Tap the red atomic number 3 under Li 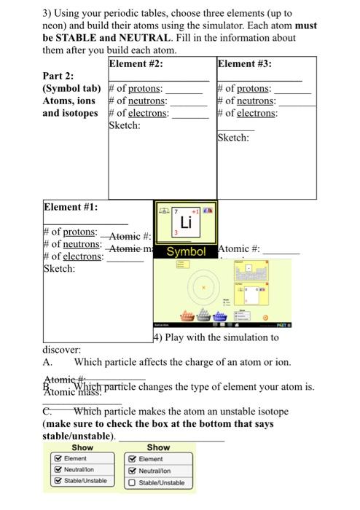[x=176, y=232]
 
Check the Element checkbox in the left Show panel [x=58, y=458]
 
